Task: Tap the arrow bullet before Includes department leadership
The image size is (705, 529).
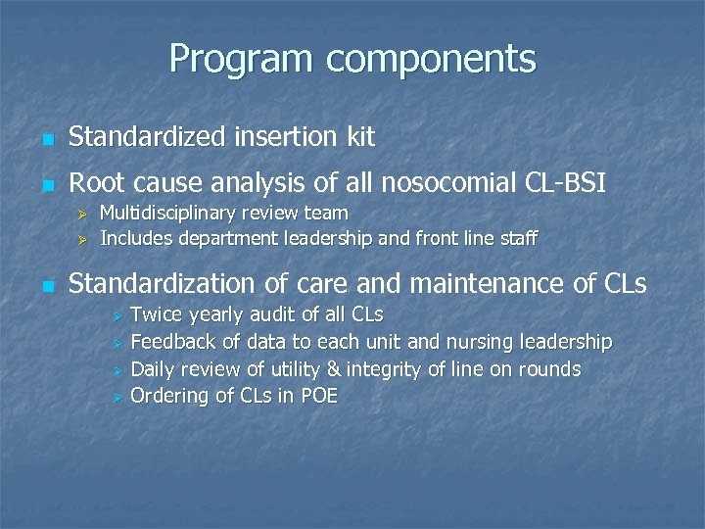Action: pos(83,239)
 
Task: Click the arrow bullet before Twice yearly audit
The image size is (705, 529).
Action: pos(116,316)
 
